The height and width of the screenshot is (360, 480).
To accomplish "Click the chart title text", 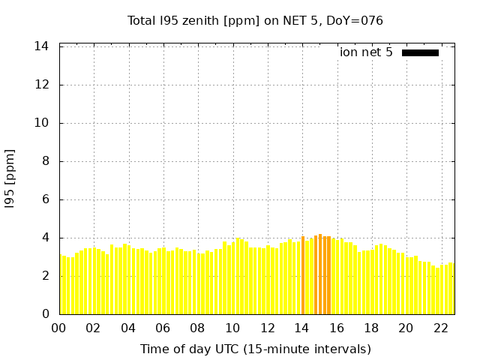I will coord(255,20).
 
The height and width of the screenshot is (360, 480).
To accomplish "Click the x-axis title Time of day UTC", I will coord(255,349).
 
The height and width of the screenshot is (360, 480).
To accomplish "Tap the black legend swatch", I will coord(420,52).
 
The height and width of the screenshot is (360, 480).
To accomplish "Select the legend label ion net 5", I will coord(366,52).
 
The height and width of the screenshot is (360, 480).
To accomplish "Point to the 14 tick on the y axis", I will coord(42,46).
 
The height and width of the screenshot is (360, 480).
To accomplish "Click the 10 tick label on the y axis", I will coord(42,123).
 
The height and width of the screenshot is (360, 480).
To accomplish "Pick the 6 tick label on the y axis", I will coord(46,199).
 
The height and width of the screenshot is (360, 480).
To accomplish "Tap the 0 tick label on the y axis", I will coord(46,314).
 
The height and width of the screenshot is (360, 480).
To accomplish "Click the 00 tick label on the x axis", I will coord(58,328).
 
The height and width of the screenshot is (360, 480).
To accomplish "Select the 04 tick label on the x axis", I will coord(128,328).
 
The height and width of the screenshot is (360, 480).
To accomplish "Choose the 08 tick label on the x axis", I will coord(197,328).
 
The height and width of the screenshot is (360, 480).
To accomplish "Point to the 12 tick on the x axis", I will coord(267,328).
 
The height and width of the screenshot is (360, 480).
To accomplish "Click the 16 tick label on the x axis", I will coord(337,328).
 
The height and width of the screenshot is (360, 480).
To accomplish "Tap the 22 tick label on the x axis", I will coord(441,328).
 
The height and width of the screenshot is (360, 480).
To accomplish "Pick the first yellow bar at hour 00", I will coord(61,285).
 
